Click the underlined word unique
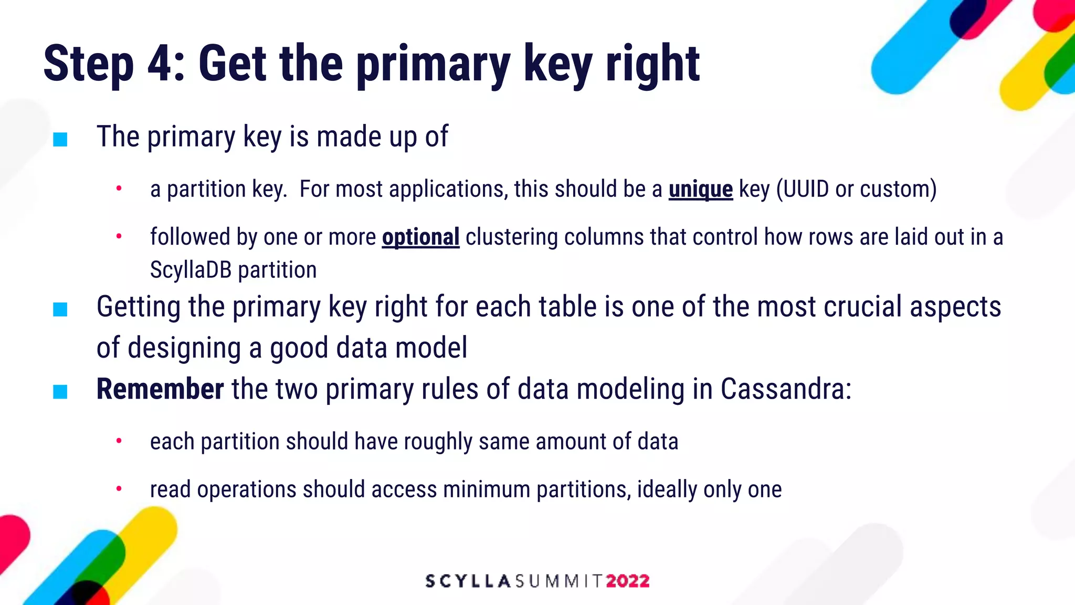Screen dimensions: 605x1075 coord(700,190)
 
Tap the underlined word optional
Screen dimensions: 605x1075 coord(420,237)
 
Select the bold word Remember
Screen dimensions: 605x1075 coord(160,390)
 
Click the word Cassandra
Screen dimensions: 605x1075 coord(785,390)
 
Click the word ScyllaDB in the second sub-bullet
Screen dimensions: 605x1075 coord(191,270)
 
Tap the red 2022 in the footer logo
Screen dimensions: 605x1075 coord(628,581)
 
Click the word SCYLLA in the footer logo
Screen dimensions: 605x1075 coord(468,581)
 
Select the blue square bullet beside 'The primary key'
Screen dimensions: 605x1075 coord(60,140)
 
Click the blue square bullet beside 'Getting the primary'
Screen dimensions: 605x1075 coord(60,309)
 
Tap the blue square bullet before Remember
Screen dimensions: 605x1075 coord(60,392)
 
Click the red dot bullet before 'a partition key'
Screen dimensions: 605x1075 coord(119,188)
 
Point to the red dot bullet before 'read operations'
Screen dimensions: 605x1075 coord(119,488)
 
